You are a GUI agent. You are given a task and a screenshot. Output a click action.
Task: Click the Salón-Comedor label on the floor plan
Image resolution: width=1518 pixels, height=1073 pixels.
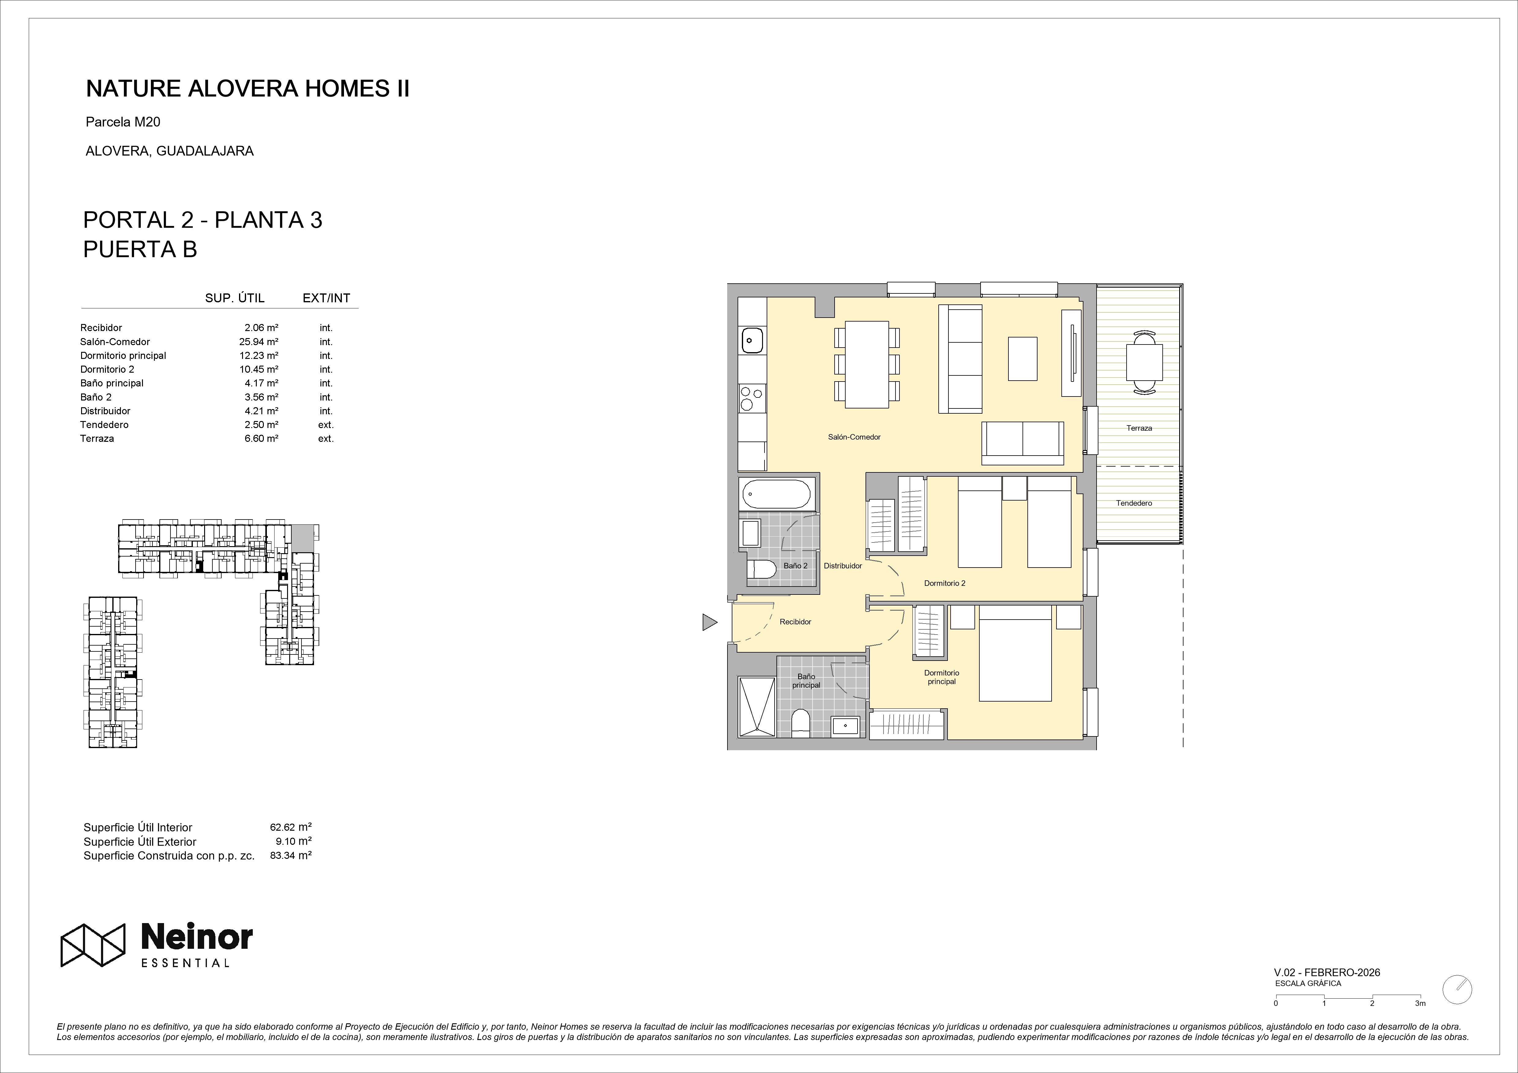(x=854, y=437)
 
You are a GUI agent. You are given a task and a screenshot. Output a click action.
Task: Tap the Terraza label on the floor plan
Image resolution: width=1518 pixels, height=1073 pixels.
(x=1139, y=428)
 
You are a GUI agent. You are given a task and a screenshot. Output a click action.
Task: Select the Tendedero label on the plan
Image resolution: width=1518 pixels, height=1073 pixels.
(x=1134, y=503)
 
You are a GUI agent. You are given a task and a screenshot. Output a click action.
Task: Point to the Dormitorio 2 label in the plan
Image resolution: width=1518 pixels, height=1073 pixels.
(x=945, y=583)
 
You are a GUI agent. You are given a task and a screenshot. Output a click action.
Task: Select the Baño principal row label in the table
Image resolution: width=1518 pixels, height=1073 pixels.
(x=112, y=383)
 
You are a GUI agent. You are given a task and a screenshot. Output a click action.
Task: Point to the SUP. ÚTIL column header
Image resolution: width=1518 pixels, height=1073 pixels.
(x=235, y=298)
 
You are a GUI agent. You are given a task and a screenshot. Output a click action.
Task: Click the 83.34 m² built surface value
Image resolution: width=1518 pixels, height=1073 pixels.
(x=291, y=855)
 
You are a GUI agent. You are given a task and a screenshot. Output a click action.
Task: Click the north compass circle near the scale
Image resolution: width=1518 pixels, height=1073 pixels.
(x=1458, y=1008)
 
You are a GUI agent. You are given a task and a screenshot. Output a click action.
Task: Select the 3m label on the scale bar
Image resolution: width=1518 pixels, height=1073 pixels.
(x=1420, y=1022)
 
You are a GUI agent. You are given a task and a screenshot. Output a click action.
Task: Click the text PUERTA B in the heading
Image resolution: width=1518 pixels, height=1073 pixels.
(x=140, y=249)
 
